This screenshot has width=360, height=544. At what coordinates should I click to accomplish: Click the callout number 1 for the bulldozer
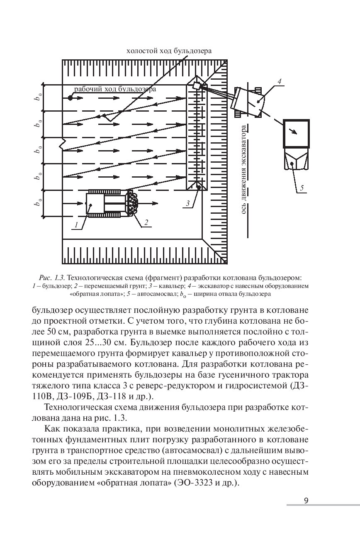point(76,225)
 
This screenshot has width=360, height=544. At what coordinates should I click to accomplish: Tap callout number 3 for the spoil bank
point(188,203)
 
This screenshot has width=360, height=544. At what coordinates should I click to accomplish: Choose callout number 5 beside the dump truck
point(302,189)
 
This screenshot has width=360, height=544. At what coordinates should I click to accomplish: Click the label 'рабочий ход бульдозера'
point(115,89)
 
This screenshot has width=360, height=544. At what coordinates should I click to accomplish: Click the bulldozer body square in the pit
point(95,203)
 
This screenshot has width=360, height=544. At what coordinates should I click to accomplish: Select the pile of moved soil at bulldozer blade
point(133,203)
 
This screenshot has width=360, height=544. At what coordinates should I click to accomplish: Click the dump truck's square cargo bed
point(296,133)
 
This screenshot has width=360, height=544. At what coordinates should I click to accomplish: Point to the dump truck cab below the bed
point(296,160)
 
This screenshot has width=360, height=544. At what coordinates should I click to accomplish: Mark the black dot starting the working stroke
point(71,98)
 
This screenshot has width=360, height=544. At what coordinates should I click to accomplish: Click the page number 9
point(306,500)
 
